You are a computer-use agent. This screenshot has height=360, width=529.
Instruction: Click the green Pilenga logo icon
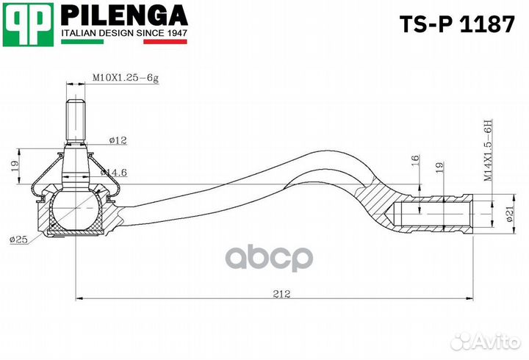[29, 23]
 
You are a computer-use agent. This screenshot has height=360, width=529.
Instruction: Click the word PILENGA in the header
[123, 15]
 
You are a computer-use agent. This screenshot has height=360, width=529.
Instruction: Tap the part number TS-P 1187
[456, 24]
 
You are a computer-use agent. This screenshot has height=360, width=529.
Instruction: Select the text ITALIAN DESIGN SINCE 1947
[123, 34]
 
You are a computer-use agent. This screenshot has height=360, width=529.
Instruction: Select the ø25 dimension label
[19, 240]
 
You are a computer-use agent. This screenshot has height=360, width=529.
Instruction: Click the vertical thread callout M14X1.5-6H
[487, 151]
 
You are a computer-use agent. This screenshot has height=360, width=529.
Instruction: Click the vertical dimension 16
[415, 159]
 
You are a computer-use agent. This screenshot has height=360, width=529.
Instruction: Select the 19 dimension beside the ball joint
[14, 168]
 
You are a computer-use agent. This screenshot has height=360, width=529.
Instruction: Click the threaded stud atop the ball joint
[77, 120]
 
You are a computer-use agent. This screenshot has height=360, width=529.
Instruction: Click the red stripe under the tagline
[165, 42]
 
